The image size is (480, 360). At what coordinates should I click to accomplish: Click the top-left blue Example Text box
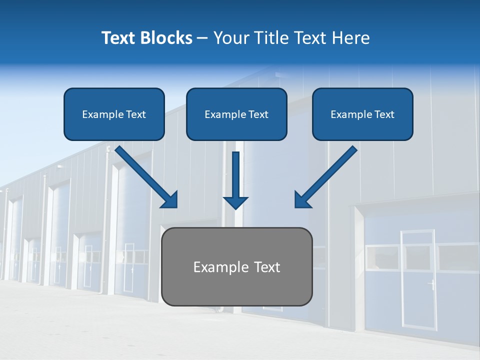(x=114, y=114)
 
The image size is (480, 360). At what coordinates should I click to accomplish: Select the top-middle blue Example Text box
(x=236, y=114)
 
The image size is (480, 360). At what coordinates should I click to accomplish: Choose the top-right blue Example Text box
(x=362, y=114)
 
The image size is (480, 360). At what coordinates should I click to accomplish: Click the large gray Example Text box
(x=237, y=266)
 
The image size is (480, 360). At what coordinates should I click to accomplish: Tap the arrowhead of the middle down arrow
(x=236, y=202)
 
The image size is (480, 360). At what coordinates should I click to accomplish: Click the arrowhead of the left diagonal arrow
(x=169, y=200)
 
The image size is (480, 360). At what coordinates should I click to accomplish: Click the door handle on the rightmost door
(x=430, y=284)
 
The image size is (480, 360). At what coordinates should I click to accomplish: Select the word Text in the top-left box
(x=135, y=114)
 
